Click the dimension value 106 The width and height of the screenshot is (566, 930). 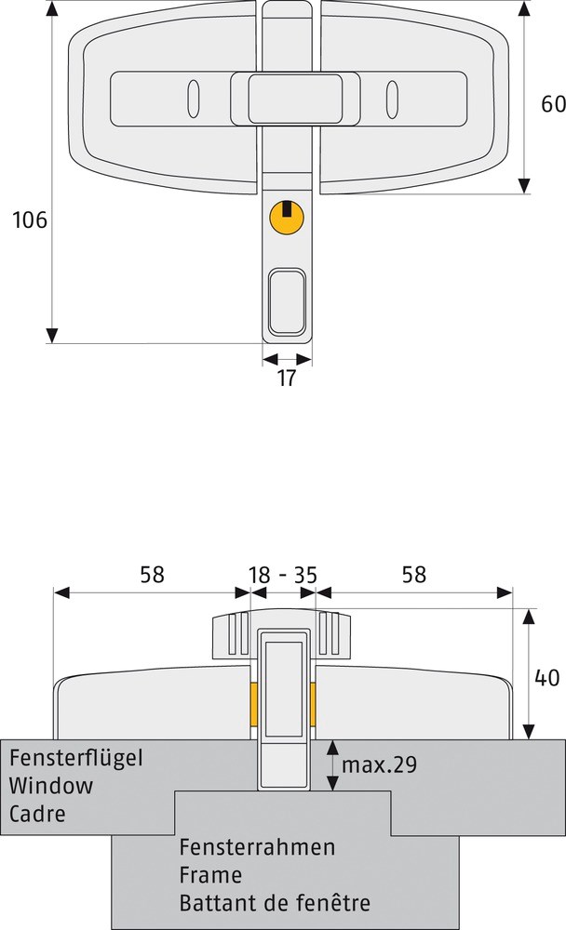tap(29, 220)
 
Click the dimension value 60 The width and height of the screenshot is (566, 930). tap(553, 104)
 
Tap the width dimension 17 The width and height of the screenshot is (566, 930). tap(287, 379)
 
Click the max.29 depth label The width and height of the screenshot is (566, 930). tap(379, 764)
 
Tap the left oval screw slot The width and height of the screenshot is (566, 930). tap(194, 99)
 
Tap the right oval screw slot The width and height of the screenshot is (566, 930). tap(391, 99)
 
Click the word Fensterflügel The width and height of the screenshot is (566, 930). tap(76, 758)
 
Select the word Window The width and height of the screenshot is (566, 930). tap(51, 786)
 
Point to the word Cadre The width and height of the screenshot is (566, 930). tap(37, 814)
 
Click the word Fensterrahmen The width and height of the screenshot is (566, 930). tap(257, 848)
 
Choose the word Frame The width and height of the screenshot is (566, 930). tap(210, 875)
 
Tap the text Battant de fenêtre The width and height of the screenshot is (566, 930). tap(275, 903)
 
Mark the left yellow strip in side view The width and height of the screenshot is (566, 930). tap(251, 703)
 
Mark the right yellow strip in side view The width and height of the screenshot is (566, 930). tap(313, 703)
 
